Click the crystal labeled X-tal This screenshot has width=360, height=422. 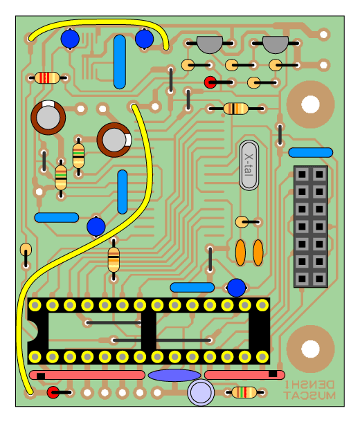249,165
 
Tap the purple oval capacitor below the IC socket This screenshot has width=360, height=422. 174,375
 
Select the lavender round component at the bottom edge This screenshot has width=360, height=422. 201,392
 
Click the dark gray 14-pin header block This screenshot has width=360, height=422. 311,226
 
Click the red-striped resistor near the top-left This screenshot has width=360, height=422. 47,77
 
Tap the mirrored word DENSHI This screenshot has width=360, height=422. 309,385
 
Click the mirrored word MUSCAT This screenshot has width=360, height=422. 309,395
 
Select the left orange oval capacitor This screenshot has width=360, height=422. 240,253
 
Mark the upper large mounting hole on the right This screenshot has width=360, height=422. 310,104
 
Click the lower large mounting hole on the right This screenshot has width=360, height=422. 310,349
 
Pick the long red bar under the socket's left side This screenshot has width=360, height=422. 87,375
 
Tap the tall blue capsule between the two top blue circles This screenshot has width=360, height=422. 120,62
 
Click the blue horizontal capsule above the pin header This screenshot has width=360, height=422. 311,152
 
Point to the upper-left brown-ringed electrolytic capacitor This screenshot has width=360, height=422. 48,118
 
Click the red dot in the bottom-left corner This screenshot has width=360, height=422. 53,392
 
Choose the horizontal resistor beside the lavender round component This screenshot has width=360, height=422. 244,392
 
